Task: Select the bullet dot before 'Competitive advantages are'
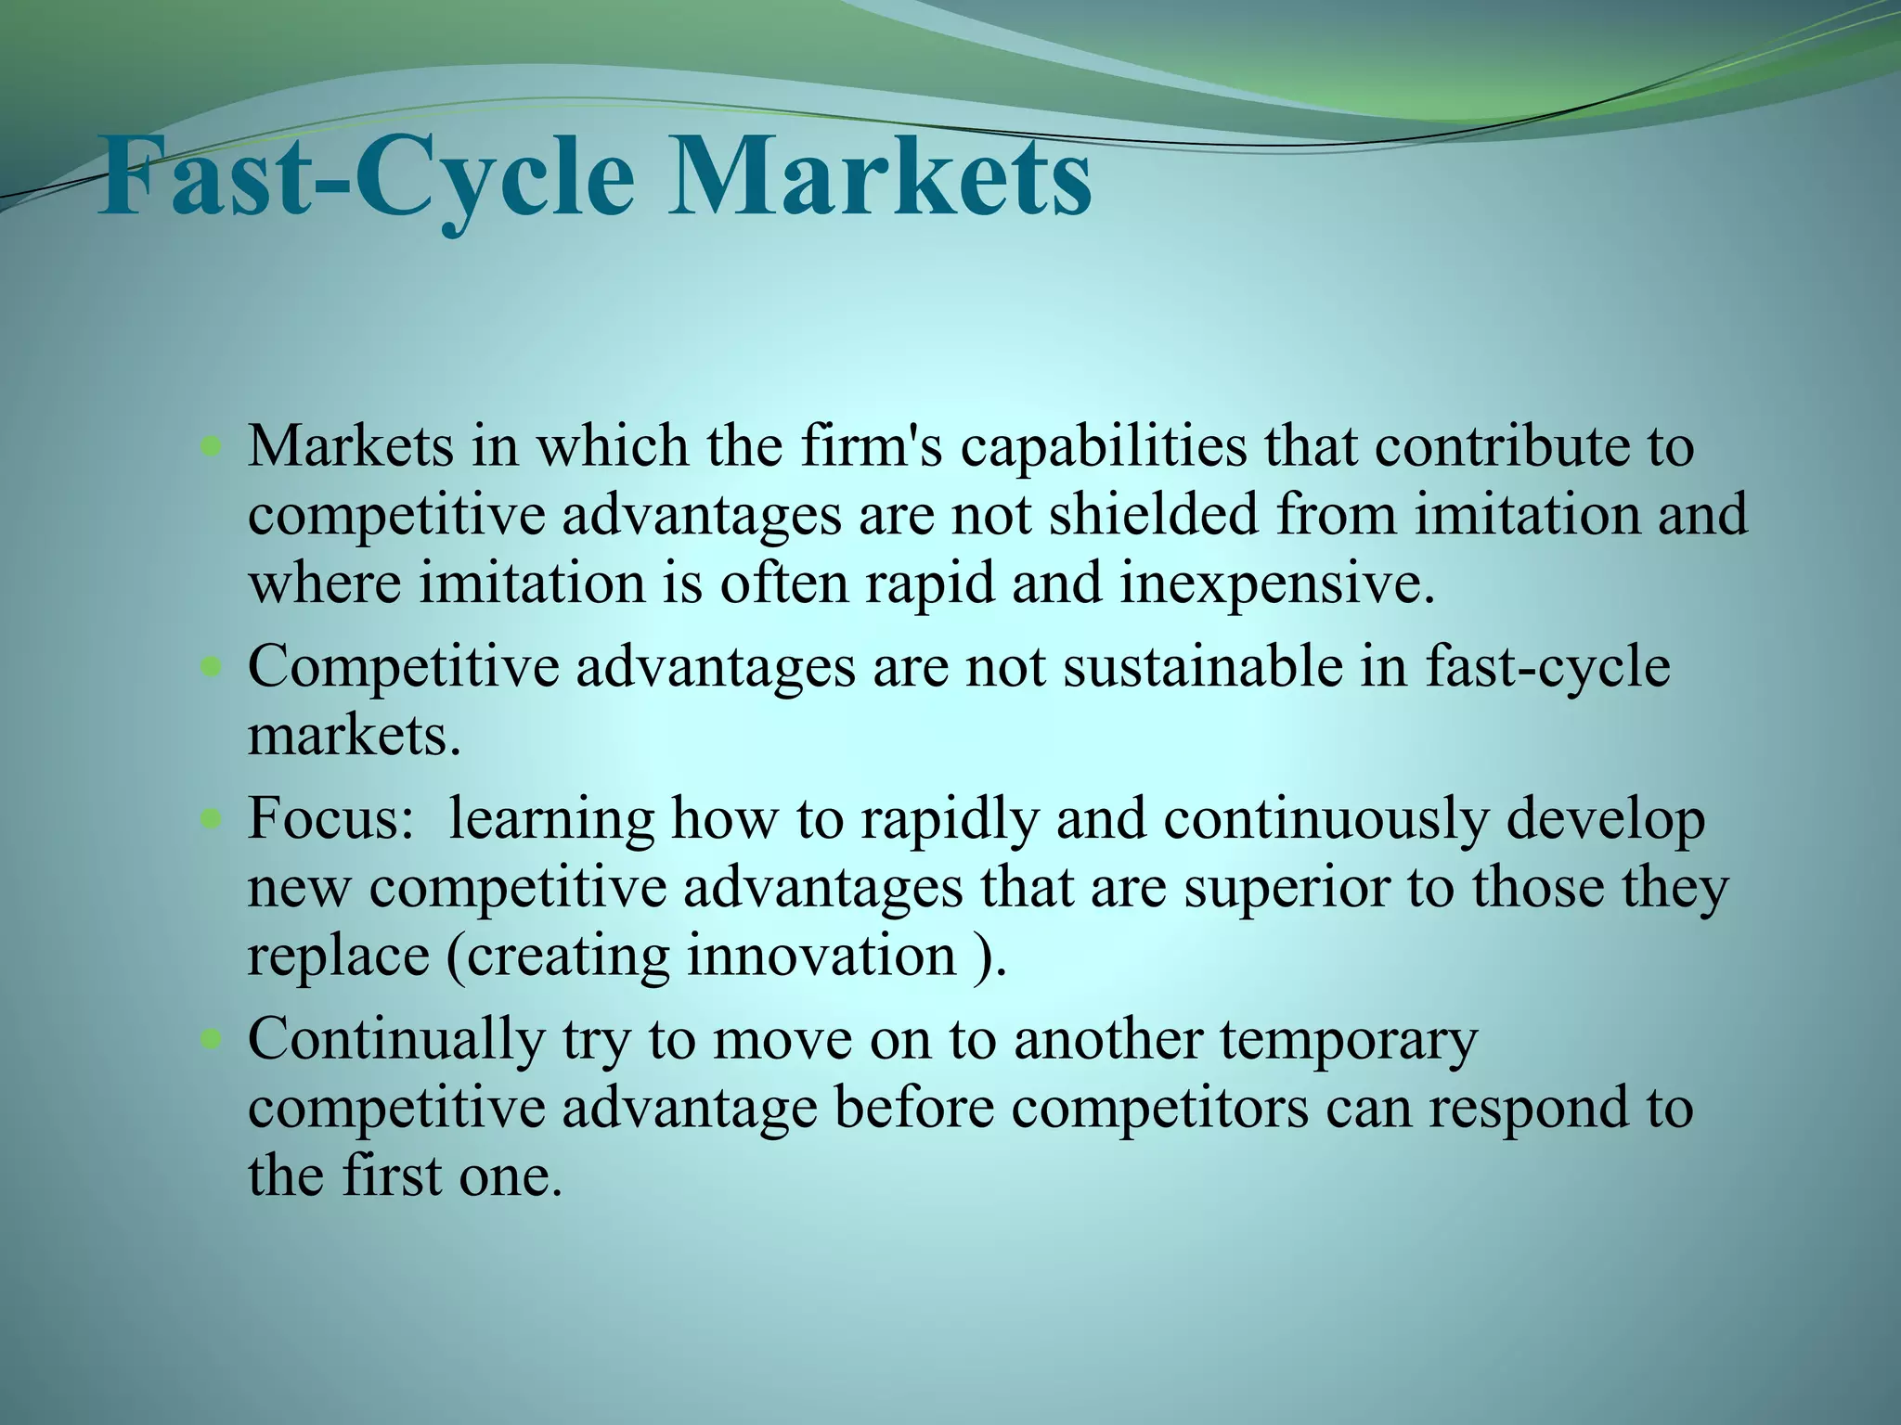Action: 212,667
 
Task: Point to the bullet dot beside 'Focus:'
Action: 212,820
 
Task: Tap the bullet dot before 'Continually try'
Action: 212,1039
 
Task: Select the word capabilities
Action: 1104,446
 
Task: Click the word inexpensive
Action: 1277,584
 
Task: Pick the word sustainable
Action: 1203,666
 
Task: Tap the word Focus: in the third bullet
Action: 330,819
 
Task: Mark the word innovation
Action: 821,956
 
